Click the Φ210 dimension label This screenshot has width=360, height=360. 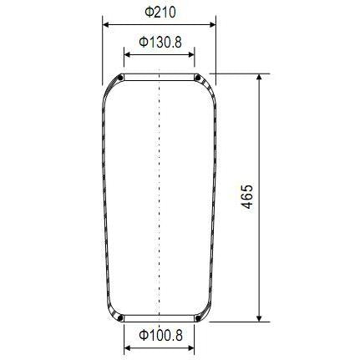pyautogui.click(x=159, y=12)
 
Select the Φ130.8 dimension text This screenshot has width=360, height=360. pyautogui.click(x=160, y=42)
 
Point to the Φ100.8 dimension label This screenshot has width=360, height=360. pyautogui.click(x=160, y=335)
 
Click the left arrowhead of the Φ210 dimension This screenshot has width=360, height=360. pyautogui.click(x=105, y=25)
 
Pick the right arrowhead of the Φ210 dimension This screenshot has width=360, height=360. pyautogui.click(x=212, y=25)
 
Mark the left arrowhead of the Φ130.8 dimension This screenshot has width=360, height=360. pyautogui.click(x=128, y=55)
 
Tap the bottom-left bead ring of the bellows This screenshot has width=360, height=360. pyautogui.click(x=122, y=317)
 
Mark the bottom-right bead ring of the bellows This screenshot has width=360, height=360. pyautogui.click(x=197, y=317)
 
